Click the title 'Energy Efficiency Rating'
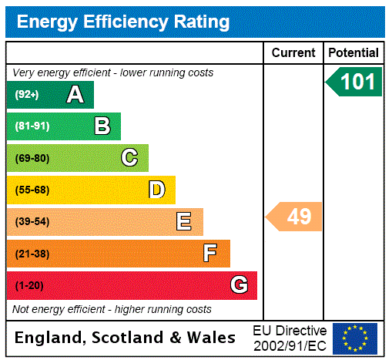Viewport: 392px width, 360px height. click(x=123, y=22)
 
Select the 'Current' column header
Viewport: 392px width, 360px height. click(x=293, y=53)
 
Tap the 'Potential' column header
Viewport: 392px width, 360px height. click(x=353, y=53)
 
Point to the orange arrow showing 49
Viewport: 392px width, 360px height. click(x=295, y=217)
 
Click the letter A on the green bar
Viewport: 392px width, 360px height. click(x=75, y=95)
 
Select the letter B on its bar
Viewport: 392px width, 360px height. click(x=102, y=126)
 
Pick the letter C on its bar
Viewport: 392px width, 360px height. click(x=129, y=158)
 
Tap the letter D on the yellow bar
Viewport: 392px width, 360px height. click(x=156, y=190)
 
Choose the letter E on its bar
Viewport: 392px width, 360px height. click(x=184, y=222)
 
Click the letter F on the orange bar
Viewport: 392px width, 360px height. click(x=210, y=254)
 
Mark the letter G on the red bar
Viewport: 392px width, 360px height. click(x=239, y=285)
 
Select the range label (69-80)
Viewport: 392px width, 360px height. click(x=32, y=159)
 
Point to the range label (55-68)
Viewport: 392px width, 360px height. click(x=32, y=190)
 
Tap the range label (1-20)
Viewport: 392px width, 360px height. click(x=29, y=286)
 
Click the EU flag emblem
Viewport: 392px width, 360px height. click(x=355, y=338)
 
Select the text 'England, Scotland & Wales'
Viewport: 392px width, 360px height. click(x=126, y=338)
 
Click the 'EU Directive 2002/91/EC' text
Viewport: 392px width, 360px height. click(x=290, y=338)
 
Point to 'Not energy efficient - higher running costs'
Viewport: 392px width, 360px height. click(x=112, y=309)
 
